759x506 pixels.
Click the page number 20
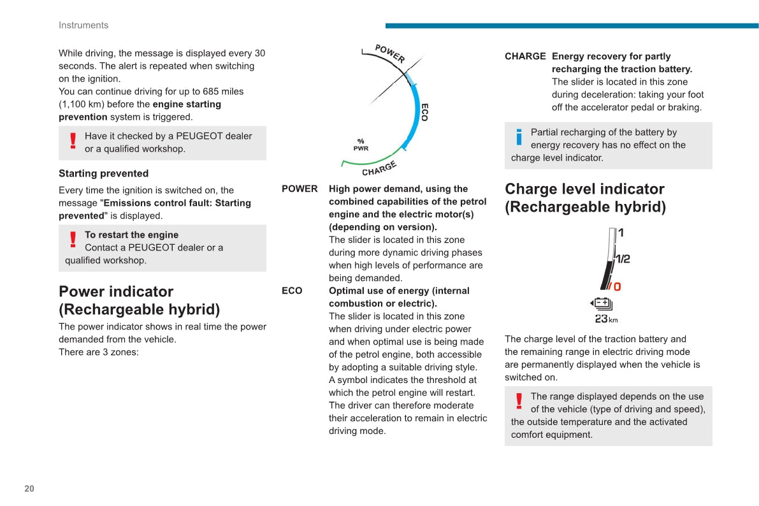pyautogui.click(x=29, y=489)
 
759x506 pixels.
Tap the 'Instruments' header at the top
pyautogui.click(x=83, y=25)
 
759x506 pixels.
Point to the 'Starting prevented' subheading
pyautogui.click(x=103, y=173)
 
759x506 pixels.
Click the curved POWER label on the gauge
pyautogui.click(x=389, y=53)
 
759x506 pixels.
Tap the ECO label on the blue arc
pyautogui.click(x=424, y=112)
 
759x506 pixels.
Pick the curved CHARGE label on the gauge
pyautogui.click(x=379, y=169)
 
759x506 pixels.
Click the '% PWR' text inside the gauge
pyautogui.click(x=361, y=145)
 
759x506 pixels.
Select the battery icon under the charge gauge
pyautogui.click(x=602, y=303)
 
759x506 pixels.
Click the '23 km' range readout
pyautogui.click(x=606, y=319)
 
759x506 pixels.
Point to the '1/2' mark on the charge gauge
pyautogui.click(x=622, y=259)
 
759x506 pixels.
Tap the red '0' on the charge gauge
pyautogui.click(x=616, y=287)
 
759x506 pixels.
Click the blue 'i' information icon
pyautogui.click(x=519, y=137)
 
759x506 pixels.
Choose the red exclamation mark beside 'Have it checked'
pyautogui.click(x=73, y=141)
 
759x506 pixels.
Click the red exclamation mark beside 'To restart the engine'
pyautogui.click(x=73, y=240)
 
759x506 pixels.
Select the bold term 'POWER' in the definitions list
pyautogui.click(x=300, y=189)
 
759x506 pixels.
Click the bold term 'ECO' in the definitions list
pyautogui.click(x=292, y=291)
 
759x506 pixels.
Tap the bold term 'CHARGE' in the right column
pyautogui.click(x=525, y=56)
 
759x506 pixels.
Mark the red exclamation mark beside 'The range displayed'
pyautogui.click(x=519, y=401)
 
